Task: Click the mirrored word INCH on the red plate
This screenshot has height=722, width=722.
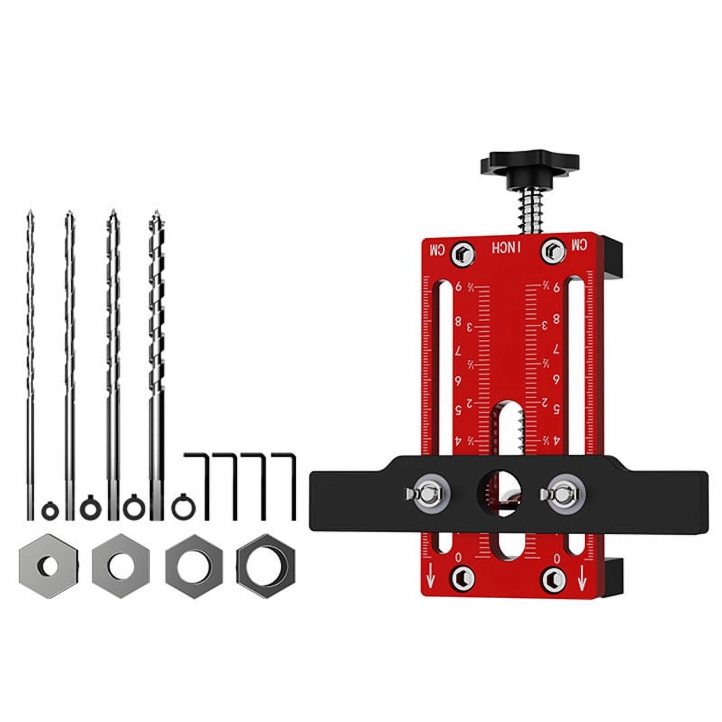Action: point(506,248)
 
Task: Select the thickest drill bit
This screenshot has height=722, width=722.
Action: point(156,361)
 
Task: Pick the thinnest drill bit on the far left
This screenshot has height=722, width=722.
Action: point(30,361)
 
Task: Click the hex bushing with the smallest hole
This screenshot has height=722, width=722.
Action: point(48,566)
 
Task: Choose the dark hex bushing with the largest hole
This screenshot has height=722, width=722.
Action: point(266,566)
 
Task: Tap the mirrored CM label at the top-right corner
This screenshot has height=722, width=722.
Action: point(580,245)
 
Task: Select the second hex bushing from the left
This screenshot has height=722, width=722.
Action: point(120,566)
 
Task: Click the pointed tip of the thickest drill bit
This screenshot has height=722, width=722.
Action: point(157,213)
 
